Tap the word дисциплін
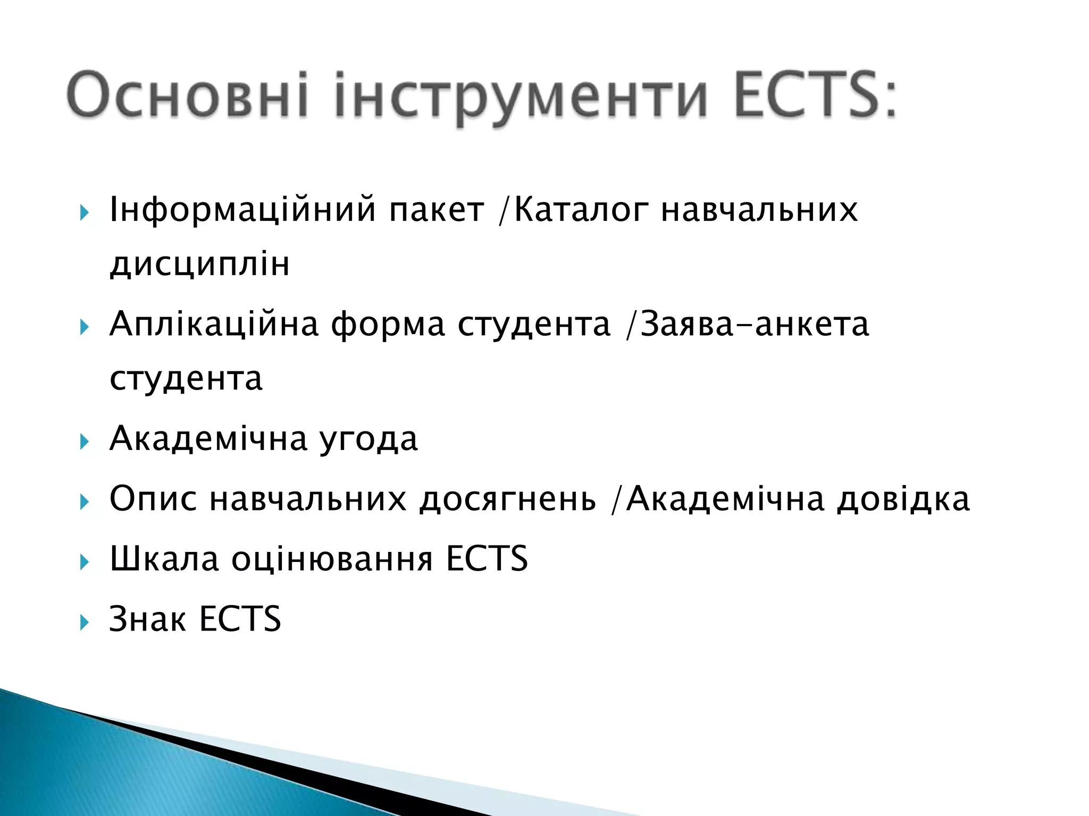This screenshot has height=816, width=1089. pyautogui.click(x=200, y=265)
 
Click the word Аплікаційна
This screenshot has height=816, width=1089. pyautogui.click(x=214, y=325)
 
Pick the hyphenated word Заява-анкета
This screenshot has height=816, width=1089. pyautogui.click(x=755, y=325)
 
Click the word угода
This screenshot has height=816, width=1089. pyautogui.click(x=368, y=440)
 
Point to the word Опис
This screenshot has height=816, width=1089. pyautogui.click(x=153, y=500)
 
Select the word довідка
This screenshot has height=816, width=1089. pyautogui.click(x=903, y=499)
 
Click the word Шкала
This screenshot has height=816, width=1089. pyautogui.click(x=164, y=559)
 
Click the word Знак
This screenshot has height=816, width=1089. pyautogui.click(x=147, y=619)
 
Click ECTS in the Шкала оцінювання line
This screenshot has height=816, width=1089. pyautogui.click(x=487, y=559)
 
